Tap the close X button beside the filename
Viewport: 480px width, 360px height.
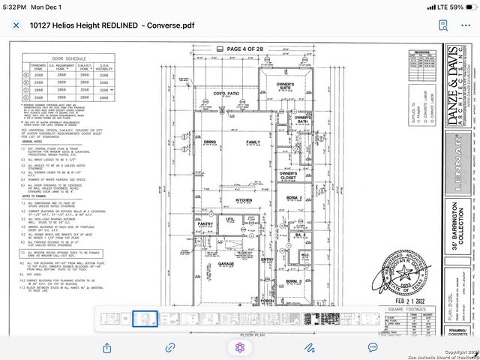click(x=16, y=25)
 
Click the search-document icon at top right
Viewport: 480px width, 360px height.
click(x=443, y=25)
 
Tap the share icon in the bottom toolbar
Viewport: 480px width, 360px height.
click(x=106, y=347)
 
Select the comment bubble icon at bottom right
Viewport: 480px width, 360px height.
click(x=373, y=347)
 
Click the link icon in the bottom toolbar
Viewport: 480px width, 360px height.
click(x=170, y=347)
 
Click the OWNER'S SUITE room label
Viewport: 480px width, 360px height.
click(x=285, y=86)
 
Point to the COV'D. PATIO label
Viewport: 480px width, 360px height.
click(x=225, y=94)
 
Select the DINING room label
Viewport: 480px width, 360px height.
click(x=210, y=142)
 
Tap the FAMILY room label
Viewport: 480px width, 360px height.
click(x=253, y=142)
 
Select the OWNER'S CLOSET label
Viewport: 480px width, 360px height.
click(x=289, y=175)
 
